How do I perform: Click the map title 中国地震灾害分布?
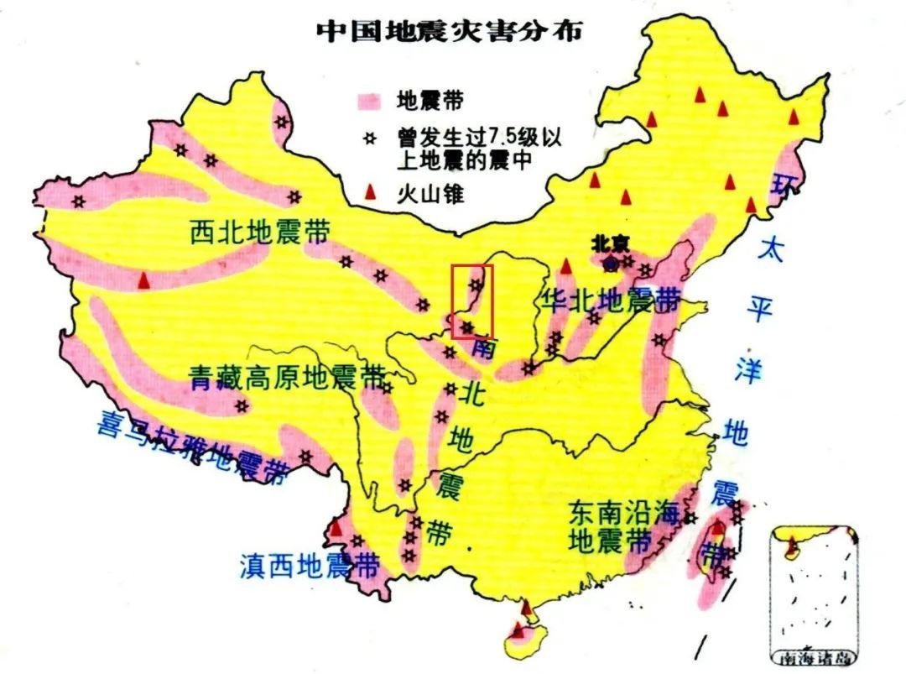point(450,30)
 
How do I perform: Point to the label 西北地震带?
point(259,233)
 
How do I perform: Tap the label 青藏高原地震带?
point(284,378)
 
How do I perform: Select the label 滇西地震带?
point(309,564)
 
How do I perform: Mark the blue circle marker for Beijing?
point(611,264)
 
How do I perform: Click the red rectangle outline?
point(472,301)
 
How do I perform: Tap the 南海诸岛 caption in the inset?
point(812,656)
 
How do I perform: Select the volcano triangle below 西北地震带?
point(145,280)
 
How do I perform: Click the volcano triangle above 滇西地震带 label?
point(336,528)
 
